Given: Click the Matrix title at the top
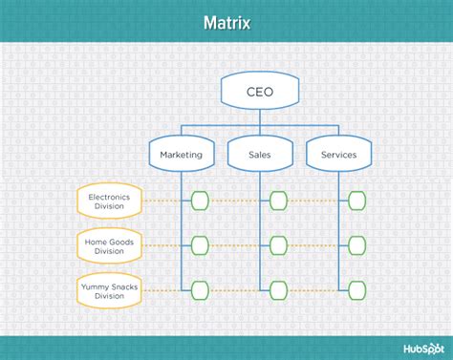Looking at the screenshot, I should point(226,21).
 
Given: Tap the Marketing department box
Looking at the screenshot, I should point(182,154).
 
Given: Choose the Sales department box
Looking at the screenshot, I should point(260,154).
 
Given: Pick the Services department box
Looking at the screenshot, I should point(339,154).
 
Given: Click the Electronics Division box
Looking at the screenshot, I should point(110,201).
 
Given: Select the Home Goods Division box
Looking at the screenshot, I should point(110,245).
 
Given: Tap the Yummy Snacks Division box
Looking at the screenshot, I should point(110,289).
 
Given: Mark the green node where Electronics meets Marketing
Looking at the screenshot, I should point(199,201).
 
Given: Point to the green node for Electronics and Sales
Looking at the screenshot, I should point(278,201).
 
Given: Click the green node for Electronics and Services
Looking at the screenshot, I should point(356,201).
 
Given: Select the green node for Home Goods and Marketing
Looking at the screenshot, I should point(199,245).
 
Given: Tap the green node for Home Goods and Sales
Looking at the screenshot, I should point(278,245).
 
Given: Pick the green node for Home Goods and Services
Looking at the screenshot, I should point(356,245).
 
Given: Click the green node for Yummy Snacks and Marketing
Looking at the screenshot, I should point(199,289).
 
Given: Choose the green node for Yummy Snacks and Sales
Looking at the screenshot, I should point(278,289).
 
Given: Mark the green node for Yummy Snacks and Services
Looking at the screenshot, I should point(356,289).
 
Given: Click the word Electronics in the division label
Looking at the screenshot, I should point(110,196).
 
